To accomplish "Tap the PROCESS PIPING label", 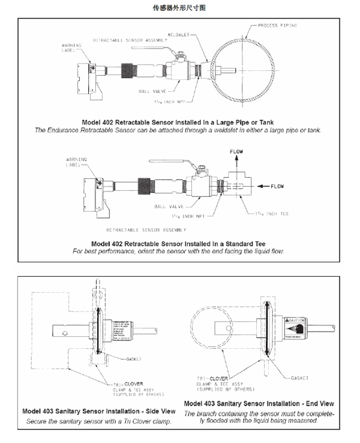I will pyautogui.click(x=277, y=26).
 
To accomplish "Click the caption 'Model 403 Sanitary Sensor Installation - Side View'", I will pyautogui.click(x=98, y=411).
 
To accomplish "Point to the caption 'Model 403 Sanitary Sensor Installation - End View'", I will pyautogui.click(x=259, y=403).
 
